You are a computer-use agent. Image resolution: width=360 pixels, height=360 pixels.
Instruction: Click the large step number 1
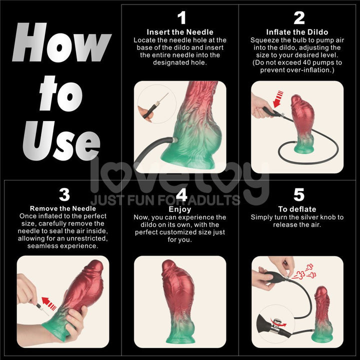point(181,18)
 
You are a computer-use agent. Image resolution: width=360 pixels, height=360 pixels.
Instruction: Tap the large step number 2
point(299,18)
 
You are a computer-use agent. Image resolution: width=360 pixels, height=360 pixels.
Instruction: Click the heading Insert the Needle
point(180,32)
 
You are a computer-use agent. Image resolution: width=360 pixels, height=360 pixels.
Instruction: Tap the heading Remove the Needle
point(63,208)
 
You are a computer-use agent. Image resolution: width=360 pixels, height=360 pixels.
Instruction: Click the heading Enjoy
point(180,209)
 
